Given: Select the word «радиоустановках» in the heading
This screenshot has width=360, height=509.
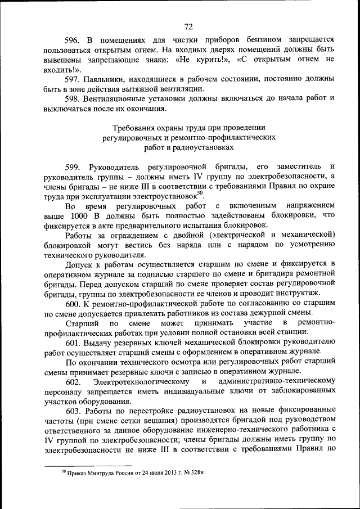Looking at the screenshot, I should tap(205, 148).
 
